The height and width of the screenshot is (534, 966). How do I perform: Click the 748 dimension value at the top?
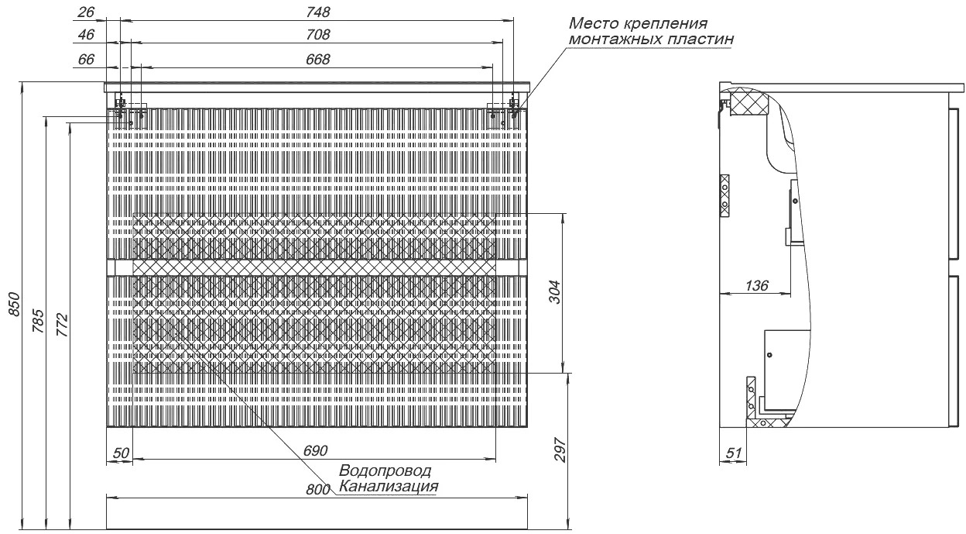(x=318, y=12)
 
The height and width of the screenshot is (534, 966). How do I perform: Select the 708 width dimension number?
(x=318, y=35)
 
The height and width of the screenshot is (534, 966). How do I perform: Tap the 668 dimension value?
(x=318, y=60)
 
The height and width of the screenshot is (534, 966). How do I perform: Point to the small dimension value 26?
(x=86, y=12)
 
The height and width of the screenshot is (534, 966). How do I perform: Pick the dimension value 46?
(x=86, y=35)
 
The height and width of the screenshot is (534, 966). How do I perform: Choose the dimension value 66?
(x=86, y=60)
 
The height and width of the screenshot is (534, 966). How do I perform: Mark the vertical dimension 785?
(x=39, y=321)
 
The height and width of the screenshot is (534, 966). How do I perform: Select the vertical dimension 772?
(x=63, y=325)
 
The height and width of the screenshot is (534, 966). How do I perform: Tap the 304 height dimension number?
(x=556, y=292)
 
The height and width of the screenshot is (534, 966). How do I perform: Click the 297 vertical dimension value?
(x=560, y=450)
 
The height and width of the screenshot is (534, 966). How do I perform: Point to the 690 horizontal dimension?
(x=316, y=451)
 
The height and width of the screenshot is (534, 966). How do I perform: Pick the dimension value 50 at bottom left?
(x=121, y=453)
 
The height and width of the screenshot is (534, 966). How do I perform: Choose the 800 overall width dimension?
(x=318, y=490)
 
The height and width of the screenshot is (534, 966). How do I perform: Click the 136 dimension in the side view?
(x=757, y=285)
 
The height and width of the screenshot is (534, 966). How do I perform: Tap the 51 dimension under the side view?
(x=734, y=453)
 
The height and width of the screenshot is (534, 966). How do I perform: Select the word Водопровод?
(x=385, y=470)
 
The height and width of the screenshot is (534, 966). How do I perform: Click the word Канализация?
(x=389, y=487)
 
